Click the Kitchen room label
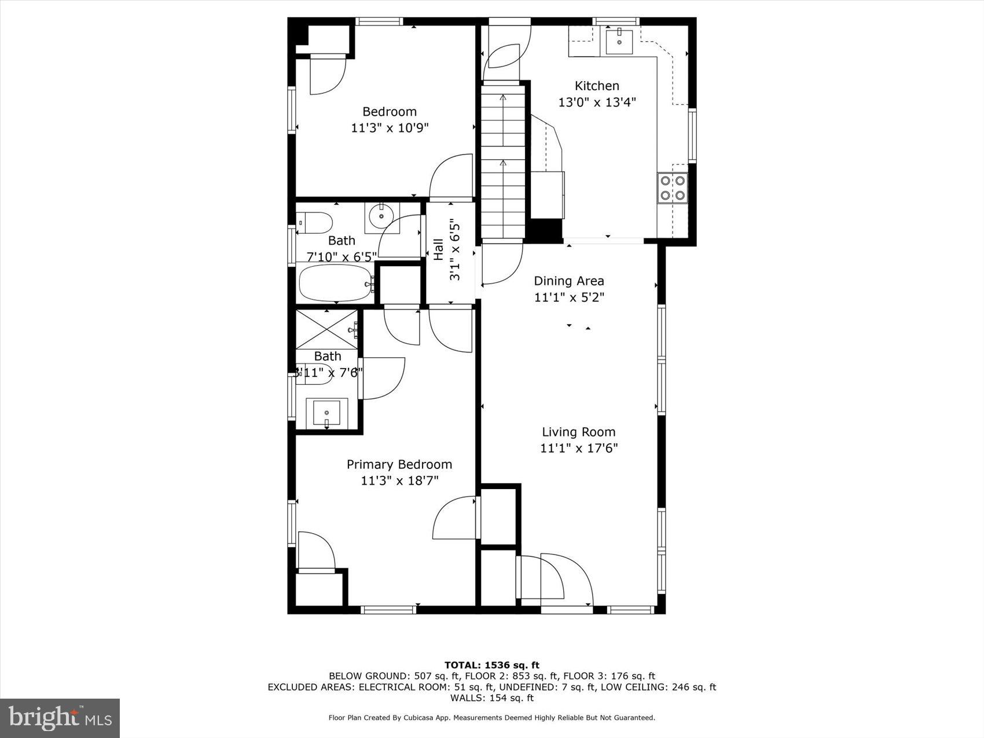pyautogui.click(x=597, y=86)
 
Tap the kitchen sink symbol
pyautogui.click(x=619, y=41)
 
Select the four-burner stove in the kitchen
pyautogui.click(x=673, y=188)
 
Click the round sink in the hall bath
pyautogui.click(x=381, y=216)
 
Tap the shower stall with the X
pyautogui.click(x=327, y=329)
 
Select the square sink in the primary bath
pyautogui.click(x=327, y=413)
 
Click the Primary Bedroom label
pyautogui.click(x=399, y=464)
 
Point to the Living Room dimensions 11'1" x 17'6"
pyautogui.click(x=579, y=448)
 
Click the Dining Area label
pyautogui.click(x=568, y=281)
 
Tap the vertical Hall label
pyautogui.click(x=438, y=249)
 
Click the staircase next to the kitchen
pyautogui.click(x=502, y=162)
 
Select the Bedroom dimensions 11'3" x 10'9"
pyautogui.click(x=389, y=128)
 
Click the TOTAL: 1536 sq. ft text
pyautogui.click(x=491, y=665)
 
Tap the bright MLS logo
pyautogui.click(x=60, y=718)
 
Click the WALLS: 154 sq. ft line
pyautogui.click(x=491, y=698)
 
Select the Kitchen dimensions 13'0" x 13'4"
pyautogui.click(x=597, y=102)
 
